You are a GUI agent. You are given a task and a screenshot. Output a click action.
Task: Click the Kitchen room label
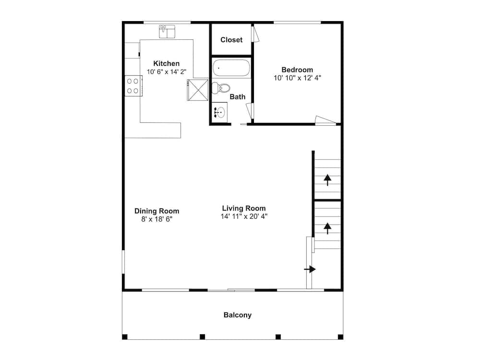pos(166,64)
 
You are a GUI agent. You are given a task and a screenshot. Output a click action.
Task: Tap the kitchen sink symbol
pos(167,32)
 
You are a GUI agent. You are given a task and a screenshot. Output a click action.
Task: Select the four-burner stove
pos(133,86)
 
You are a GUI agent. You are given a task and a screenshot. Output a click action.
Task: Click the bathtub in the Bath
pos(231,68)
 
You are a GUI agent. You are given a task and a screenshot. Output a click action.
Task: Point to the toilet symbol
pos(221,88)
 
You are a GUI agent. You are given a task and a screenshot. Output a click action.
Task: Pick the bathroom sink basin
pos(219,112)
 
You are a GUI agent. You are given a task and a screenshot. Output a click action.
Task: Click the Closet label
pos(231,40)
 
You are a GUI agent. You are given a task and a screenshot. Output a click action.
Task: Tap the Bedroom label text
pos(297,70)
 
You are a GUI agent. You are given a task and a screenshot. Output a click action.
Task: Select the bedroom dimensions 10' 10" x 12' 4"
pos(297,78)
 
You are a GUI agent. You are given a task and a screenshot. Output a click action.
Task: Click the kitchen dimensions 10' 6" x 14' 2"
pos(166,72)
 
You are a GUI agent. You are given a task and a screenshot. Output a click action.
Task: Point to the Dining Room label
pos(157,211)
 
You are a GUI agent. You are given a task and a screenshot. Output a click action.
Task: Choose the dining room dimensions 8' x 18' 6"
pos(157,219)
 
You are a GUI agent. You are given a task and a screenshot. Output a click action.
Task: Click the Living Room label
pos(244,208)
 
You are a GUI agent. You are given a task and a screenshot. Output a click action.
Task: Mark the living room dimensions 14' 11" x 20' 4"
pos(244,216)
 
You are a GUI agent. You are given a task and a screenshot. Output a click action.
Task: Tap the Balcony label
pos(238,315)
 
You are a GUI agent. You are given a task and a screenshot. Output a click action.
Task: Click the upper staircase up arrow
pos(327,180)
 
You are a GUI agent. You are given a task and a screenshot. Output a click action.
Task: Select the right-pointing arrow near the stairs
pos(310,269)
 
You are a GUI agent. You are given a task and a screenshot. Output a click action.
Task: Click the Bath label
pos(238,97)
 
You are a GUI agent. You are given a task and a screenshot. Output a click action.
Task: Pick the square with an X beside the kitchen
pos(198,90)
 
